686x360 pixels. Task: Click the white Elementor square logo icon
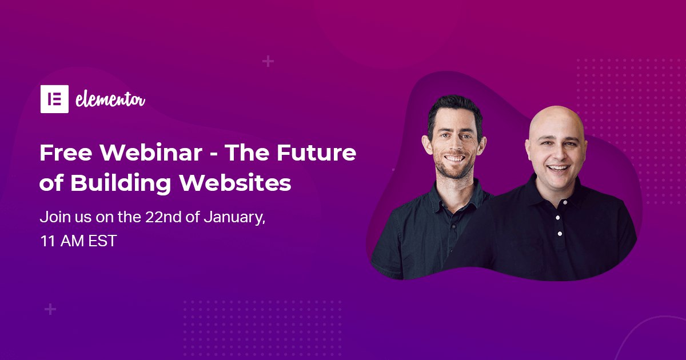point(54,99)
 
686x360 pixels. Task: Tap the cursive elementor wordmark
point(110,100)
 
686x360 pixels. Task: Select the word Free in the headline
point(66,153)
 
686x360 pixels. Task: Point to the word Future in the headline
point(316,153)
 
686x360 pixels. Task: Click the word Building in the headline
point(121,183)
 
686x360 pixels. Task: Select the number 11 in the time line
point(47,241)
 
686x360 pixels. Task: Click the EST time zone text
point(102,241)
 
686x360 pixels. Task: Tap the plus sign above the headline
point(268,61)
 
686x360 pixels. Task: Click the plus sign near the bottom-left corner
point(50,310)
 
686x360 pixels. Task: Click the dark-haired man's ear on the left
point(426,145)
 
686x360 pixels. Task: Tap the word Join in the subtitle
point(52,217)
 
